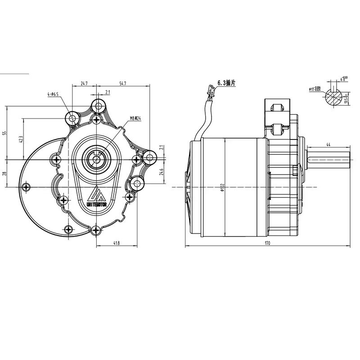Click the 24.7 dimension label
click(84, 84)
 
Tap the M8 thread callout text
click(135, 119)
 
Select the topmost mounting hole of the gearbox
click(97, 106)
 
